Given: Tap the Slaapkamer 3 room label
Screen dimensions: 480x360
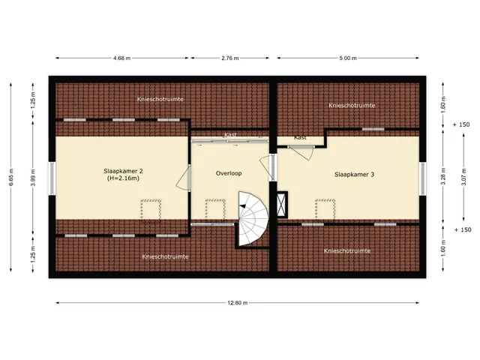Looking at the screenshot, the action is pos(354,175).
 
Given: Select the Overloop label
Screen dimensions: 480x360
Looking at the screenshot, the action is pos(229,173).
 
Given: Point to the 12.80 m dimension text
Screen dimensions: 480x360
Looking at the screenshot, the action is pos(237,303).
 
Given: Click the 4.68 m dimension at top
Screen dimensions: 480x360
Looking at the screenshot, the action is pos(121,58).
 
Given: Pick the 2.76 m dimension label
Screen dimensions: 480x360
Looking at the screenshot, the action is pos(230,58).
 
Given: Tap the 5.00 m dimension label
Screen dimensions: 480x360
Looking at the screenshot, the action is pos(348,58).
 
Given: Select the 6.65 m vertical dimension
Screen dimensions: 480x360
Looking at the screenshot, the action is pos(11,177).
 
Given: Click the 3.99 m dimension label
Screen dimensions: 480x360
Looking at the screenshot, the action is pos(33,177).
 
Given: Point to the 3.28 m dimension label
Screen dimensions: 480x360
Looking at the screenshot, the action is pos(442,176).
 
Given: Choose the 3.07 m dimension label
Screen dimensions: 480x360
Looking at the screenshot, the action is pos(463,177).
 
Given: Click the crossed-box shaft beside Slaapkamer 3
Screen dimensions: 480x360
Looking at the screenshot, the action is pos(282,205).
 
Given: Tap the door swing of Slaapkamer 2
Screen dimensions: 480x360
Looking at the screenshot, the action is pos(183,179).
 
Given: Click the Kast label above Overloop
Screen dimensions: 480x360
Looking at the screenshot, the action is pos(230,135).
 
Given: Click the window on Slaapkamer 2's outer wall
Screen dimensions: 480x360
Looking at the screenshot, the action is pos(52,178).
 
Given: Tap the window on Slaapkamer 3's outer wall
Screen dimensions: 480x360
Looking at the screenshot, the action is pos(423,178).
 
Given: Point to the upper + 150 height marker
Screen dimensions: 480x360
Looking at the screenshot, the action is pos(461,124).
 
